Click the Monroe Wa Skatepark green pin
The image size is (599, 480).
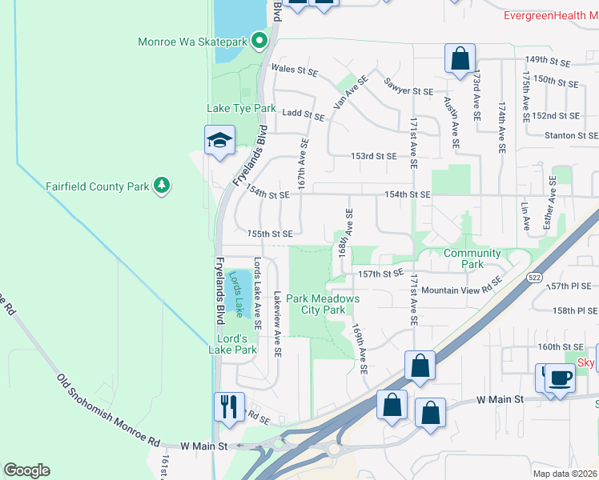click(x=259, y=40)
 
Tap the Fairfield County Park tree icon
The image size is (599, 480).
click(x=163, y=186)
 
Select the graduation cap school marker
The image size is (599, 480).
click(x=219, y=142)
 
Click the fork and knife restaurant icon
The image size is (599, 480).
click(x=228, y=406)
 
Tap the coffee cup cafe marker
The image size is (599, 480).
click(x=560, y=377)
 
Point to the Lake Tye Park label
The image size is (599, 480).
click(x=241, y=108)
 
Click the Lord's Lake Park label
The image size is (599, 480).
click(x=232, y=343)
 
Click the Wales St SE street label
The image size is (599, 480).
click(x=295, y=70)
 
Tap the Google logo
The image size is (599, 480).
click(x=26, y=470)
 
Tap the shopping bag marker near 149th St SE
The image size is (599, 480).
click(x=460, y=59)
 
